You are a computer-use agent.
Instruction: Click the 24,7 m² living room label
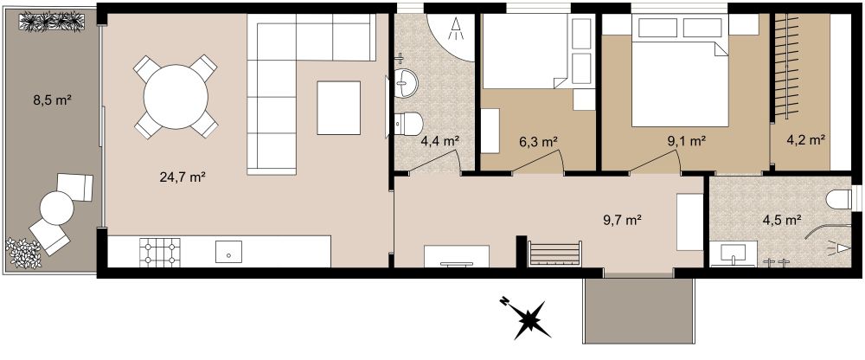point(182,178)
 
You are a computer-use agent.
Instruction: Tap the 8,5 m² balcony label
point(51,100)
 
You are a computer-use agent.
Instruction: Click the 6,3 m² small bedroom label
point(536,140)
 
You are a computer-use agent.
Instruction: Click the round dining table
point(176,97)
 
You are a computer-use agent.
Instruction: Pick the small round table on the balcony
point(58,208)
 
